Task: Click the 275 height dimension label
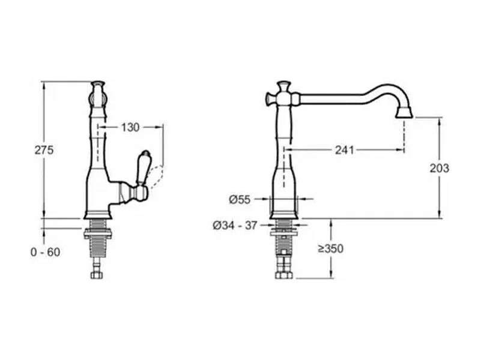(x=44, y=150)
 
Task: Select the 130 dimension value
(x=130, y=127)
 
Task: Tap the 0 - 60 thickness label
(x=46, y=252)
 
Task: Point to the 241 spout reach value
(x=344, y=149)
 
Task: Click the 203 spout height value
(x=439, y=168)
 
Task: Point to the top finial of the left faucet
(x=97, y=85)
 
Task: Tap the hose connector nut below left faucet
(x=97, y=275)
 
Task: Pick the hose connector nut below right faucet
(x=282, y=275)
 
